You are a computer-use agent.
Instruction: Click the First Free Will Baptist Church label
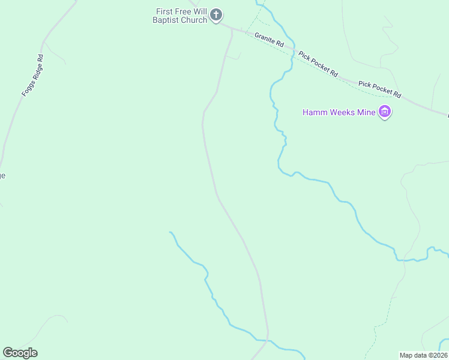click(181, 16)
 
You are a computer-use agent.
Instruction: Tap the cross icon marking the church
click(216, 15)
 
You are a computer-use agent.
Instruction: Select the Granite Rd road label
click(269, 40)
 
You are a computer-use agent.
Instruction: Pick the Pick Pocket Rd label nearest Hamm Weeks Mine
click(380, 88)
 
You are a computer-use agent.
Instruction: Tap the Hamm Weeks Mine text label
click(339, 112)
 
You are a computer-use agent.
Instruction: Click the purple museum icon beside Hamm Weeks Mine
click(385, 112)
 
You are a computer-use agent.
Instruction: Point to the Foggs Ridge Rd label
click(32, 76)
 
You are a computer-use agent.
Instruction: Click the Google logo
click(20, 353)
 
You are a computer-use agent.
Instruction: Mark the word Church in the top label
click(195, 20)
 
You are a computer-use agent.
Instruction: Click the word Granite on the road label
click(265, 38)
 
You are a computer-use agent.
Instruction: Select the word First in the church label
click(164, 11)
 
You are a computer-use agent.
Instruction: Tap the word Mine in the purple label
click(366, 112)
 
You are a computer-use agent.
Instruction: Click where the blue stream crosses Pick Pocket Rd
click(294, 51)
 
